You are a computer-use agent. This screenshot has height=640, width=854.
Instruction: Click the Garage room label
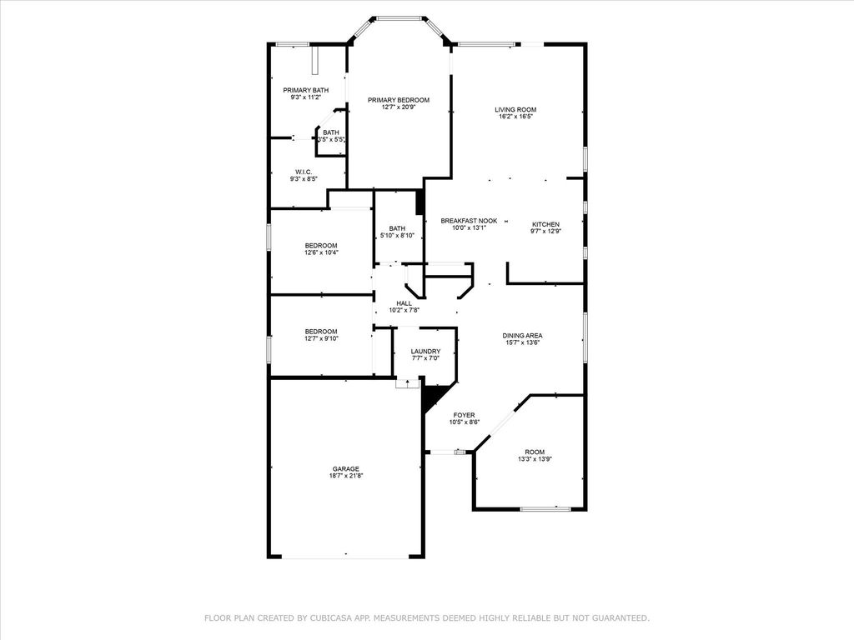click(x=346, y=468)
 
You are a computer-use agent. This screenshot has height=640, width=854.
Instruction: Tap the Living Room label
click(x=515, y=109)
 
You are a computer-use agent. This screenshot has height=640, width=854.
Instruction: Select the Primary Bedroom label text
click(x=398, y=100)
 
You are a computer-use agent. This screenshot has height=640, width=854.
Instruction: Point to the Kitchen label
click(x=545, y=224)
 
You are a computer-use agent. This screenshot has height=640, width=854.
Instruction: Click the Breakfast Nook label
click(x=469, y=221)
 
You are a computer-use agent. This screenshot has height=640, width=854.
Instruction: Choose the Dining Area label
click(x=522, y=336)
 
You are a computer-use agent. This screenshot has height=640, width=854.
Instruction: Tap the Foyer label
click(x=464, y=415)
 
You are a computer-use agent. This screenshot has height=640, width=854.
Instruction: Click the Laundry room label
click(x=425, y=352)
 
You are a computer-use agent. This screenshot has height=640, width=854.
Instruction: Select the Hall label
click(x=404, y=303)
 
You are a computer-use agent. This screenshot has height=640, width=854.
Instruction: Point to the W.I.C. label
click(x=304, y=172)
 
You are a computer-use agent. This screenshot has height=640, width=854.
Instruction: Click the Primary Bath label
click(x=305, y=90)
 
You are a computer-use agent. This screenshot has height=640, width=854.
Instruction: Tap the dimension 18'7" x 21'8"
click(x=346, y=476)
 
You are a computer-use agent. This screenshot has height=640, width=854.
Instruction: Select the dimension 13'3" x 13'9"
click(x=535, y=459)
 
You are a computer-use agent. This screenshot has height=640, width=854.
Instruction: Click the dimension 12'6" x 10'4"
click(x=321, y=252)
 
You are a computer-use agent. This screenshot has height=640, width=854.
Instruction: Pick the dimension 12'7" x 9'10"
click(x=321, y=338)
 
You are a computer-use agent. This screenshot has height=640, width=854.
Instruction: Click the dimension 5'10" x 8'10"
click(x=397, y=236)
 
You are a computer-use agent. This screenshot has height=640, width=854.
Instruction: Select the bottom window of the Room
click(x=545, y=509)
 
